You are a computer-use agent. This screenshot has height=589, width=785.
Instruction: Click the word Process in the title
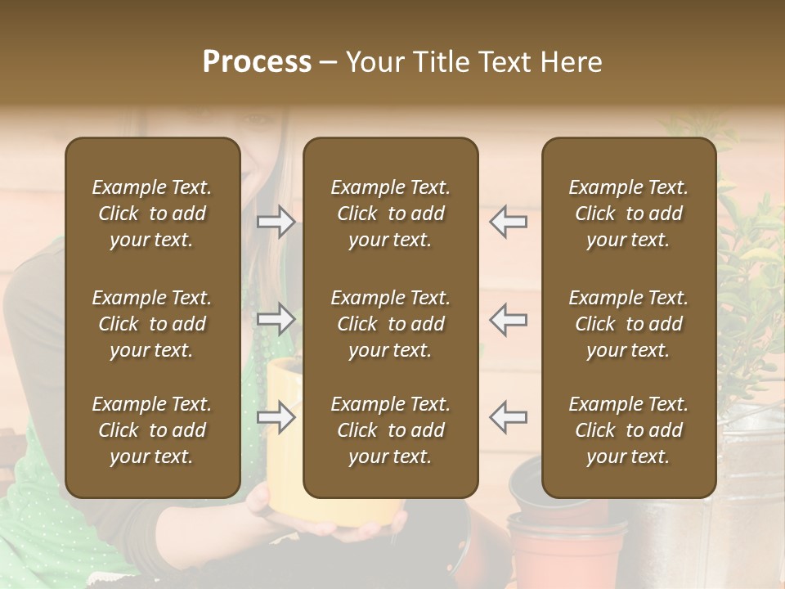[x=257, y=62]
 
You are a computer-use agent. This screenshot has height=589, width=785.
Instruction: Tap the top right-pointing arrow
[x=276, y=221]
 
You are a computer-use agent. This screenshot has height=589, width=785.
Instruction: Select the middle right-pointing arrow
[x=276, y=319]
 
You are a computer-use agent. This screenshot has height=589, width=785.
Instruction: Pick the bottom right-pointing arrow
[x=276, y=417]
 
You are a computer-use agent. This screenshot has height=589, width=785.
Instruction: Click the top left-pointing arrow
[x=509, y=221]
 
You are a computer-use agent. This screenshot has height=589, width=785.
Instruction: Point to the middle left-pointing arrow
[x=509, y=319]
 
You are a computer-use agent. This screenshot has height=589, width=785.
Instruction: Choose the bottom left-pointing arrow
[x=509, y=417]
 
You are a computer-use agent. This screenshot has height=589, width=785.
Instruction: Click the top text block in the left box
[x=152, y=214]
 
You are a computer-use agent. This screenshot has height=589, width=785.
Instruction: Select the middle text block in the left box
[x=152, y=324]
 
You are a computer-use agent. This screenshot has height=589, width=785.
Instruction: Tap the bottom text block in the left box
[x=152, y=430]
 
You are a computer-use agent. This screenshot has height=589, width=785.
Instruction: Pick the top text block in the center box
[x=390, y=214]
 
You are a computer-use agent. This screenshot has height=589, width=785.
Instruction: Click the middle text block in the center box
[x=390, y=324]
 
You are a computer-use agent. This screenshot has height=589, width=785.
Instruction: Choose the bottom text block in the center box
[x=390, y=430]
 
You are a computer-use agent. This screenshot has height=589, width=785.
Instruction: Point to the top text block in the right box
[x=628, y=214]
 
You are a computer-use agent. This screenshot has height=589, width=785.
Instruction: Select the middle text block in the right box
[x=628, y=324]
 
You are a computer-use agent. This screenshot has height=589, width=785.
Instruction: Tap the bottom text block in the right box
[x=628, y=430]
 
